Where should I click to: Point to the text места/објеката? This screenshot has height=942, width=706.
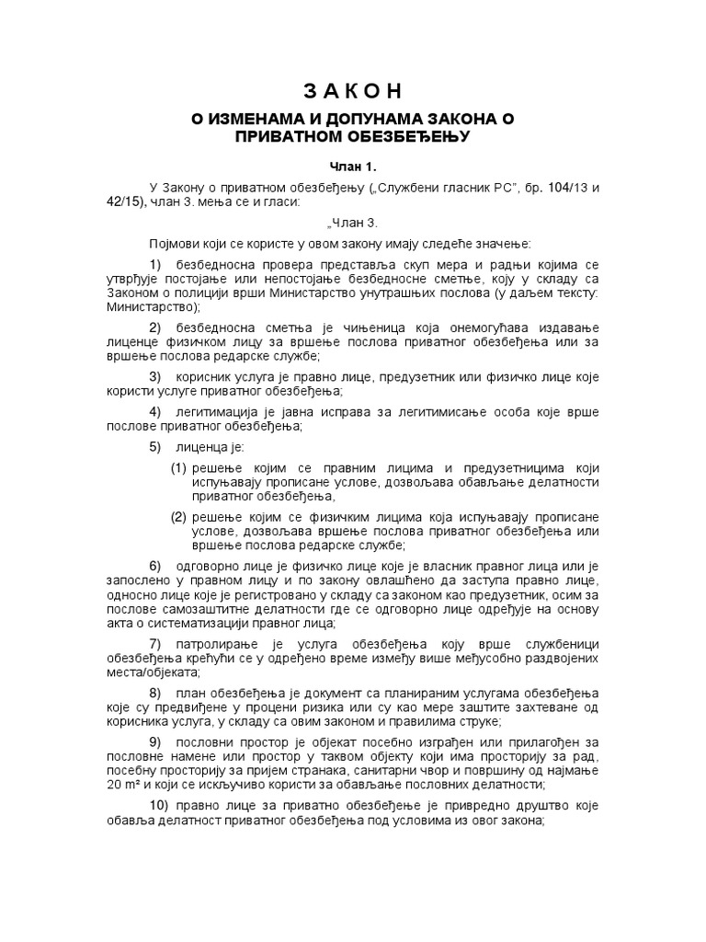click(x=163, y=672)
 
